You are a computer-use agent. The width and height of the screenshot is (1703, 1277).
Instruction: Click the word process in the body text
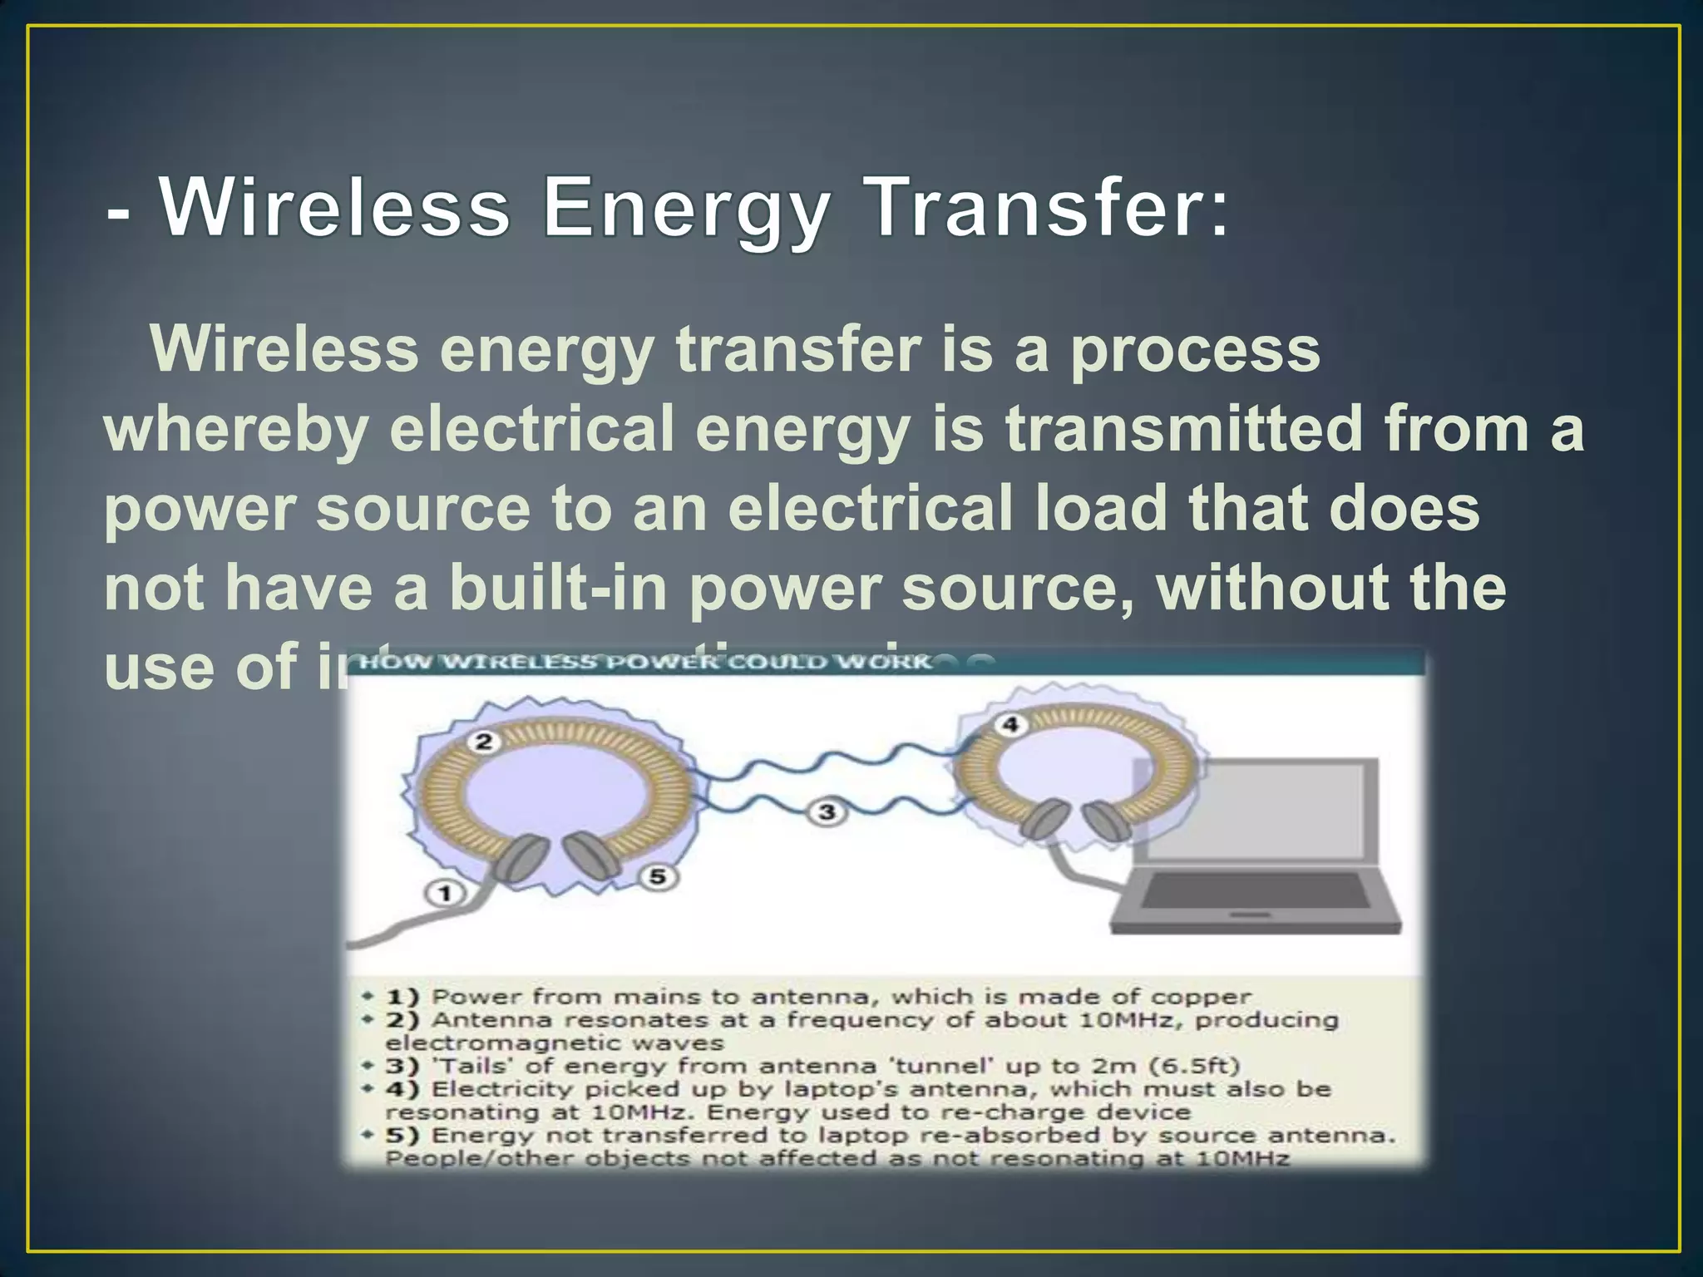point(1195,351)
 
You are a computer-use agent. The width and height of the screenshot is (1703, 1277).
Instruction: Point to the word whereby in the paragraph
point(235,431)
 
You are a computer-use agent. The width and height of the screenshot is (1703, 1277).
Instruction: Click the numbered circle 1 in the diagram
point(446,894)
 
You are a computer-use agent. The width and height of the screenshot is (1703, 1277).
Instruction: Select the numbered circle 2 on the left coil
point(484,742)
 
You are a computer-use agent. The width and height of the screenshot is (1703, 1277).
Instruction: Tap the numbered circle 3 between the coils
point(827,811)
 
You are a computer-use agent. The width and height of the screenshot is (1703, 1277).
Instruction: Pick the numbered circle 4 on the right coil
point(1010,725)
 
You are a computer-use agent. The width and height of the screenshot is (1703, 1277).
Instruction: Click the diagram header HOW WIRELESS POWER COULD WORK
point(645,663)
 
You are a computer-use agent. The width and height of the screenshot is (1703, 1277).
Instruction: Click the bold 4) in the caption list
point(402,1089)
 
